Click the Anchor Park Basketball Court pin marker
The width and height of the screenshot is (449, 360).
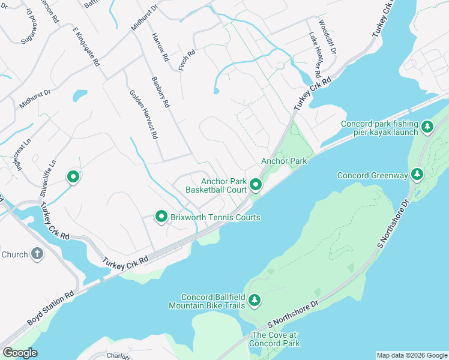tap(256, 185)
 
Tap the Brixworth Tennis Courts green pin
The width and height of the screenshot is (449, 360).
tap(161, 217)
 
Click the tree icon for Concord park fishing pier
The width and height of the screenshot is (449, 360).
tap(427, 126)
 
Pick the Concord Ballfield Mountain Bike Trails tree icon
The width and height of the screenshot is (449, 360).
tap(255, 300)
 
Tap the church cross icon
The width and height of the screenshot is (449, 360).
tap(37, 254)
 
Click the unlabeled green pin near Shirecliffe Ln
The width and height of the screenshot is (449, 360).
tap(73, 177)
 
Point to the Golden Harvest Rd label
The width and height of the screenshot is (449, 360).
tap(143, 115)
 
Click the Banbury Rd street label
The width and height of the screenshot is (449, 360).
tap(161, 92)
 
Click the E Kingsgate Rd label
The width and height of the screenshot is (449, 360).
tap(86, 46)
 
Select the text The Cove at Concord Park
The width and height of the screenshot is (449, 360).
tap(276, 339)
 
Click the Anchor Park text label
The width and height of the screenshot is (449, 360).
tap(284, 161)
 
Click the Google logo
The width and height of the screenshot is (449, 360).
tap(20, 353)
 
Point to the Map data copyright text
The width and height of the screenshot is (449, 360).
tap(412, 355)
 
